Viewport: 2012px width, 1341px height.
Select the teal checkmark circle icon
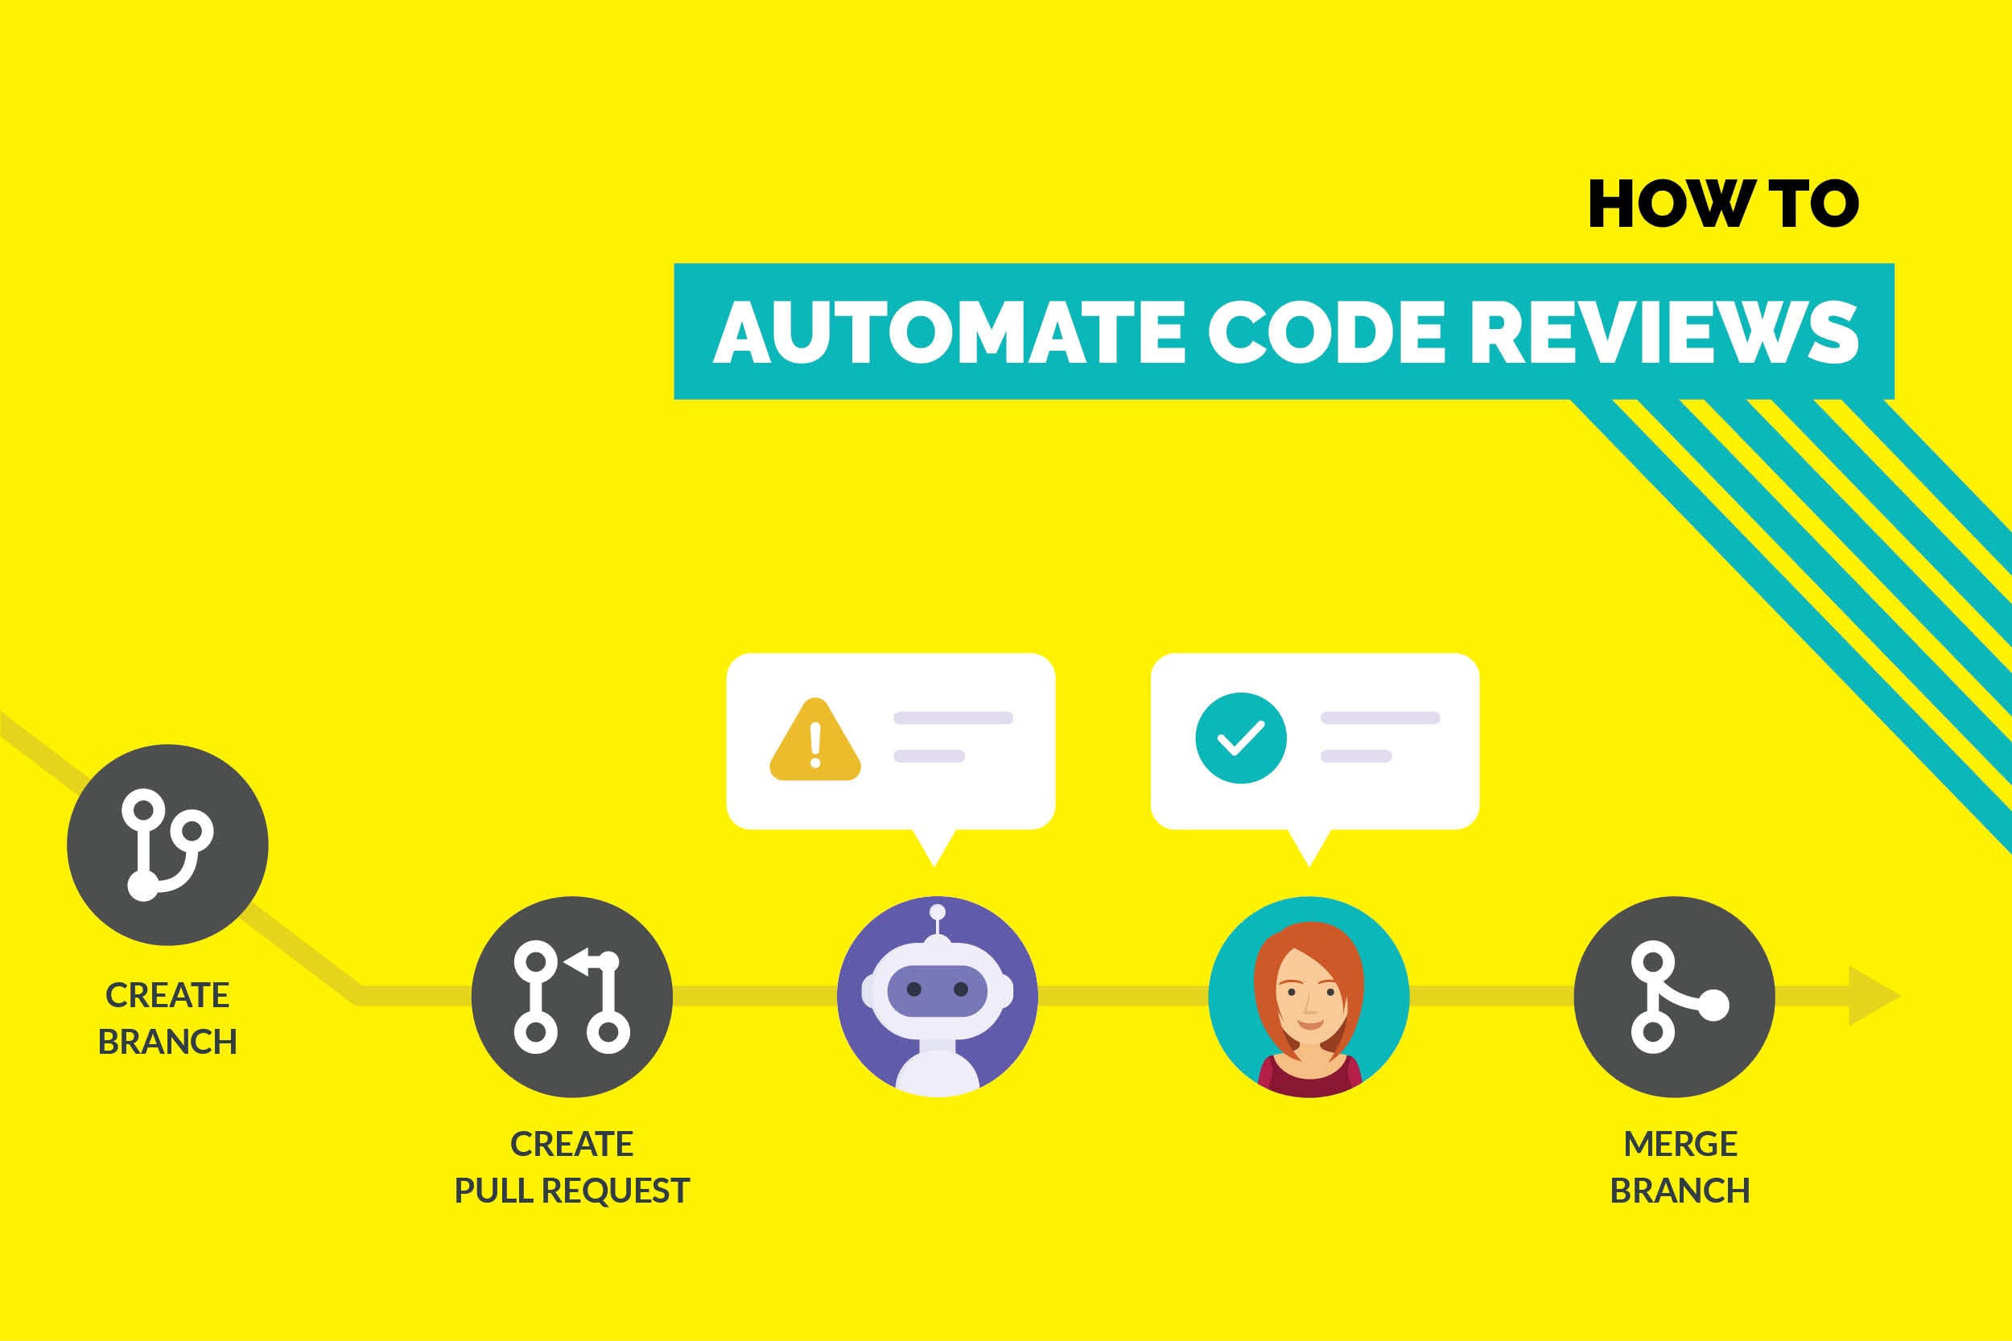coord(1240,737)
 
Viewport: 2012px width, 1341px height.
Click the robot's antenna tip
coord(938,911)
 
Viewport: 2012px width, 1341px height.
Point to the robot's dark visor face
coord(938,990)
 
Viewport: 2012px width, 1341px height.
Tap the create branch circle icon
coord(167,845)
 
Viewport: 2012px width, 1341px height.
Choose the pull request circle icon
coord(571,998)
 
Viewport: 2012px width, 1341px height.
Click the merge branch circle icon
coord(1674,998)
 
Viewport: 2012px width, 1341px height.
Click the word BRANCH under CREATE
coord(167,1043)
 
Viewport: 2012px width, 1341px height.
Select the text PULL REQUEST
coord(571,1191)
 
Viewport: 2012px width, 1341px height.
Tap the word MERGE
coord(1680,1144)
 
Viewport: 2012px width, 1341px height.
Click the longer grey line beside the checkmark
coord(1379,718)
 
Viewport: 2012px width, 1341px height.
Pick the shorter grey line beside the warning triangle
coord(929,756)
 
